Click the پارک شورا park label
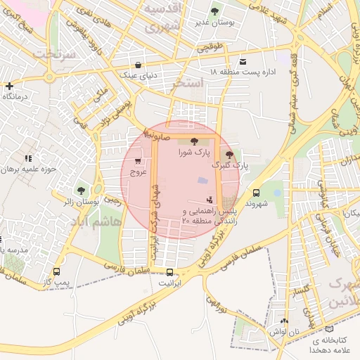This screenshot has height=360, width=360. point(193,152)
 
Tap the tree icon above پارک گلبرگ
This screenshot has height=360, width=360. point(229,154)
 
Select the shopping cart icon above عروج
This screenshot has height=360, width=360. point(137,161)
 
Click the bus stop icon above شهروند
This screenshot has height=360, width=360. point(255,192)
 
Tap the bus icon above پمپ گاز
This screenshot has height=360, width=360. point(56,271)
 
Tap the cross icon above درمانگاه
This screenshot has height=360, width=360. point(8,86)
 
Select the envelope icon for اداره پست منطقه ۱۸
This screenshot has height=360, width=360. point(243,62)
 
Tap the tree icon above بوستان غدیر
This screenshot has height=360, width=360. point(214,11)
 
